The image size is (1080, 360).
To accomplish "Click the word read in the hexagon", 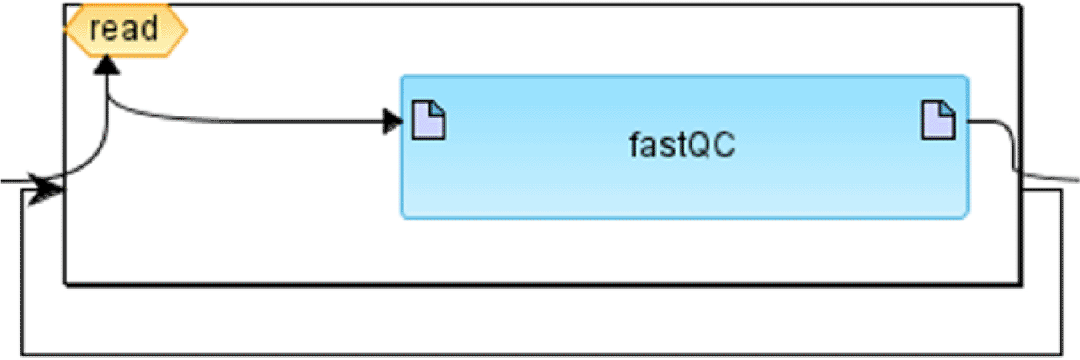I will [124, 28].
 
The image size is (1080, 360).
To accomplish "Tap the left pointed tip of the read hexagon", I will [67, 28].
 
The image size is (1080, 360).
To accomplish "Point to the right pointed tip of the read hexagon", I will [185, 28].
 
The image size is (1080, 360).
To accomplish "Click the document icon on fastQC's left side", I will [429, 120].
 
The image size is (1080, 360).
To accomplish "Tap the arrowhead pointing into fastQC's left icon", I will [392, 122].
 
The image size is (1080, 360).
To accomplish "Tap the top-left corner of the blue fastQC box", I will [403, 77].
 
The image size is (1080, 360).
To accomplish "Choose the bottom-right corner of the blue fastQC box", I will [966, 216].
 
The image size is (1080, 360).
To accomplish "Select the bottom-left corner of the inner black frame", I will [66, 284].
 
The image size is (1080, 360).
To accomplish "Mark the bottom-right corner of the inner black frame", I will [1019, 284].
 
